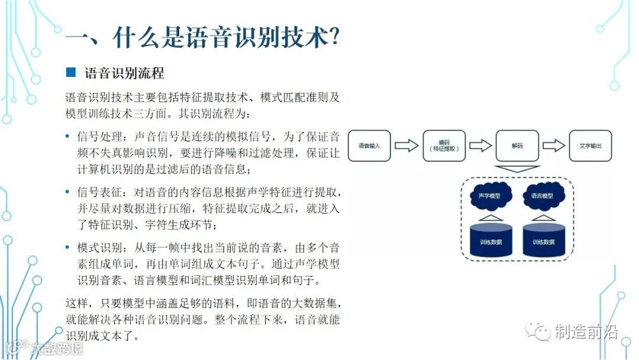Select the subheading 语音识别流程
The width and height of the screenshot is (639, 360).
(124, 73)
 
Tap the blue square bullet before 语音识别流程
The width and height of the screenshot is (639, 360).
(71, 73)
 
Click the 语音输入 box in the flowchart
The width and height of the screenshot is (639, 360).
(369, 146)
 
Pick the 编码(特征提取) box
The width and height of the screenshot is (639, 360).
(445, 146)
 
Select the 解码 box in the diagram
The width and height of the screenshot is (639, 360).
(517, 146)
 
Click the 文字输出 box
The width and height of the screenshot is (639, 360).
(590, 146)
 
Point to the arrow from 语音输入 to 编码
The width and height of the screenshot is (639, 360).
(406, 146)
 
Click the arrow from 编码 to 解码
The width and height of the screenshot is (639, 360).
(481, 146)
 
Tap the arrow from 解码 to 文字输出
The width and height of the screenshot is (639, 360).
(554, 146)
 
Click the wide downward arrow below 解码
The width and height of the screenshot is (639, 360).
(517, 169)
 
